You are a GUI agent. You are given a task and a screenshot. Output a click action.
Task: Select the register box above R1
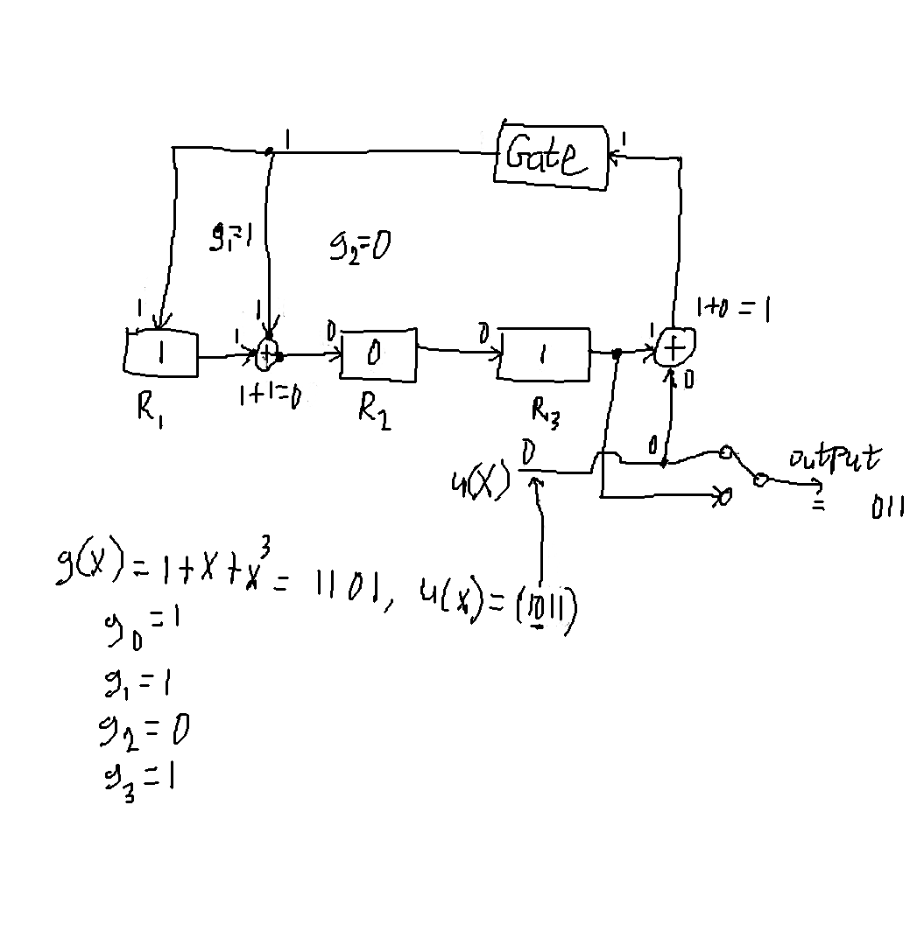pos(162,353)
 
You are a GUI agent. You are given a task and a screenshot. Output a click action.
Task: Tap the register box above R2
pos(377,355)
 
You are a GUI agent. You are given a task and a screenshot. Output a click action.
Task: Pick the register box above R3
pos(543,354)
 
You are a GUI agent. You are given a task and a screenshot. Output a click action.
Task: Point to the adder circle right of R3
pos(674,349)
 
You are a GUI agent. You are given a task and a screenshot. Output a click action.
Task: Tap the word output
pos(835,460)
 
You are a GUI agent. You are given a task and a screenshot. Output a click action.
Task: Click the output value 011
pos(886,508)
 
